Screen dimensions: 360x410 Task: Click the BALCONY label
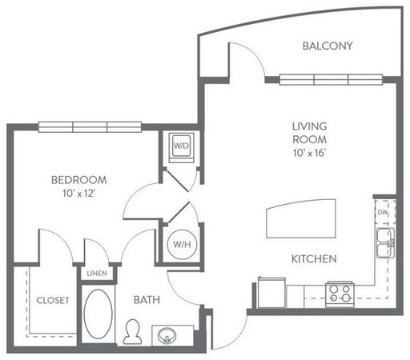327,46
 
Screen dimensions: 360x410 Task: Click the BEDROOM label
78,180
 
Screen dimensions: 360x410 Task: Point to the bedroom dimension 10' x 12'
78,193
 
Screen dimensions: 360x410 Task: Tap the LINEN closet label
96,274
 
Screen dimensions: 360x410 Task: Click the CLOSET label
52,301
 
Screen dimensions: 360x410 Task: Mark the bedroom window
90,126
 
